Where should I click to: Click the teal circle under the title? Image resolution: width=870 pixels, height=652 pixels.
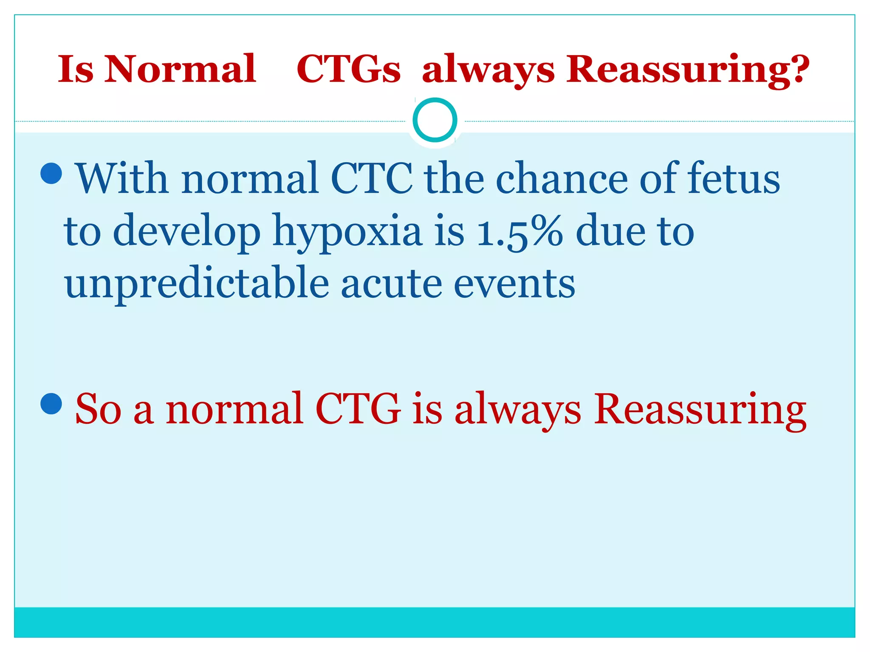(435, 120)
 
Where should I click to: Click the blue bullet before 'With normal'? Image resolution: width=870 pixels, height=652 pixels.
(51, 173)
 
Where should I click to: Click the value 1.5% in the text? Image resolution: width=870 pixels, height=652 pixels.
(520, 231)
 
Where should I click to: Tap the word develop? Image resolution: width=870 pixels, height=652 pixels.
(186, 231)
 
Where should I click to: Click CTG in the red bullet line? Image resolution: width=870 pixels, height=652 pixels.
(358, 409)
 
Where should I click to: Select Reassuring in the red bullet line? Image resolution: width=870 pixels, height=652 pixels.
(700, 409)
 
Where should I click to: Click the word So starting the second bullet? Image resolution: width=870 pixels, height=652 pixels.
(98, 409)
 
